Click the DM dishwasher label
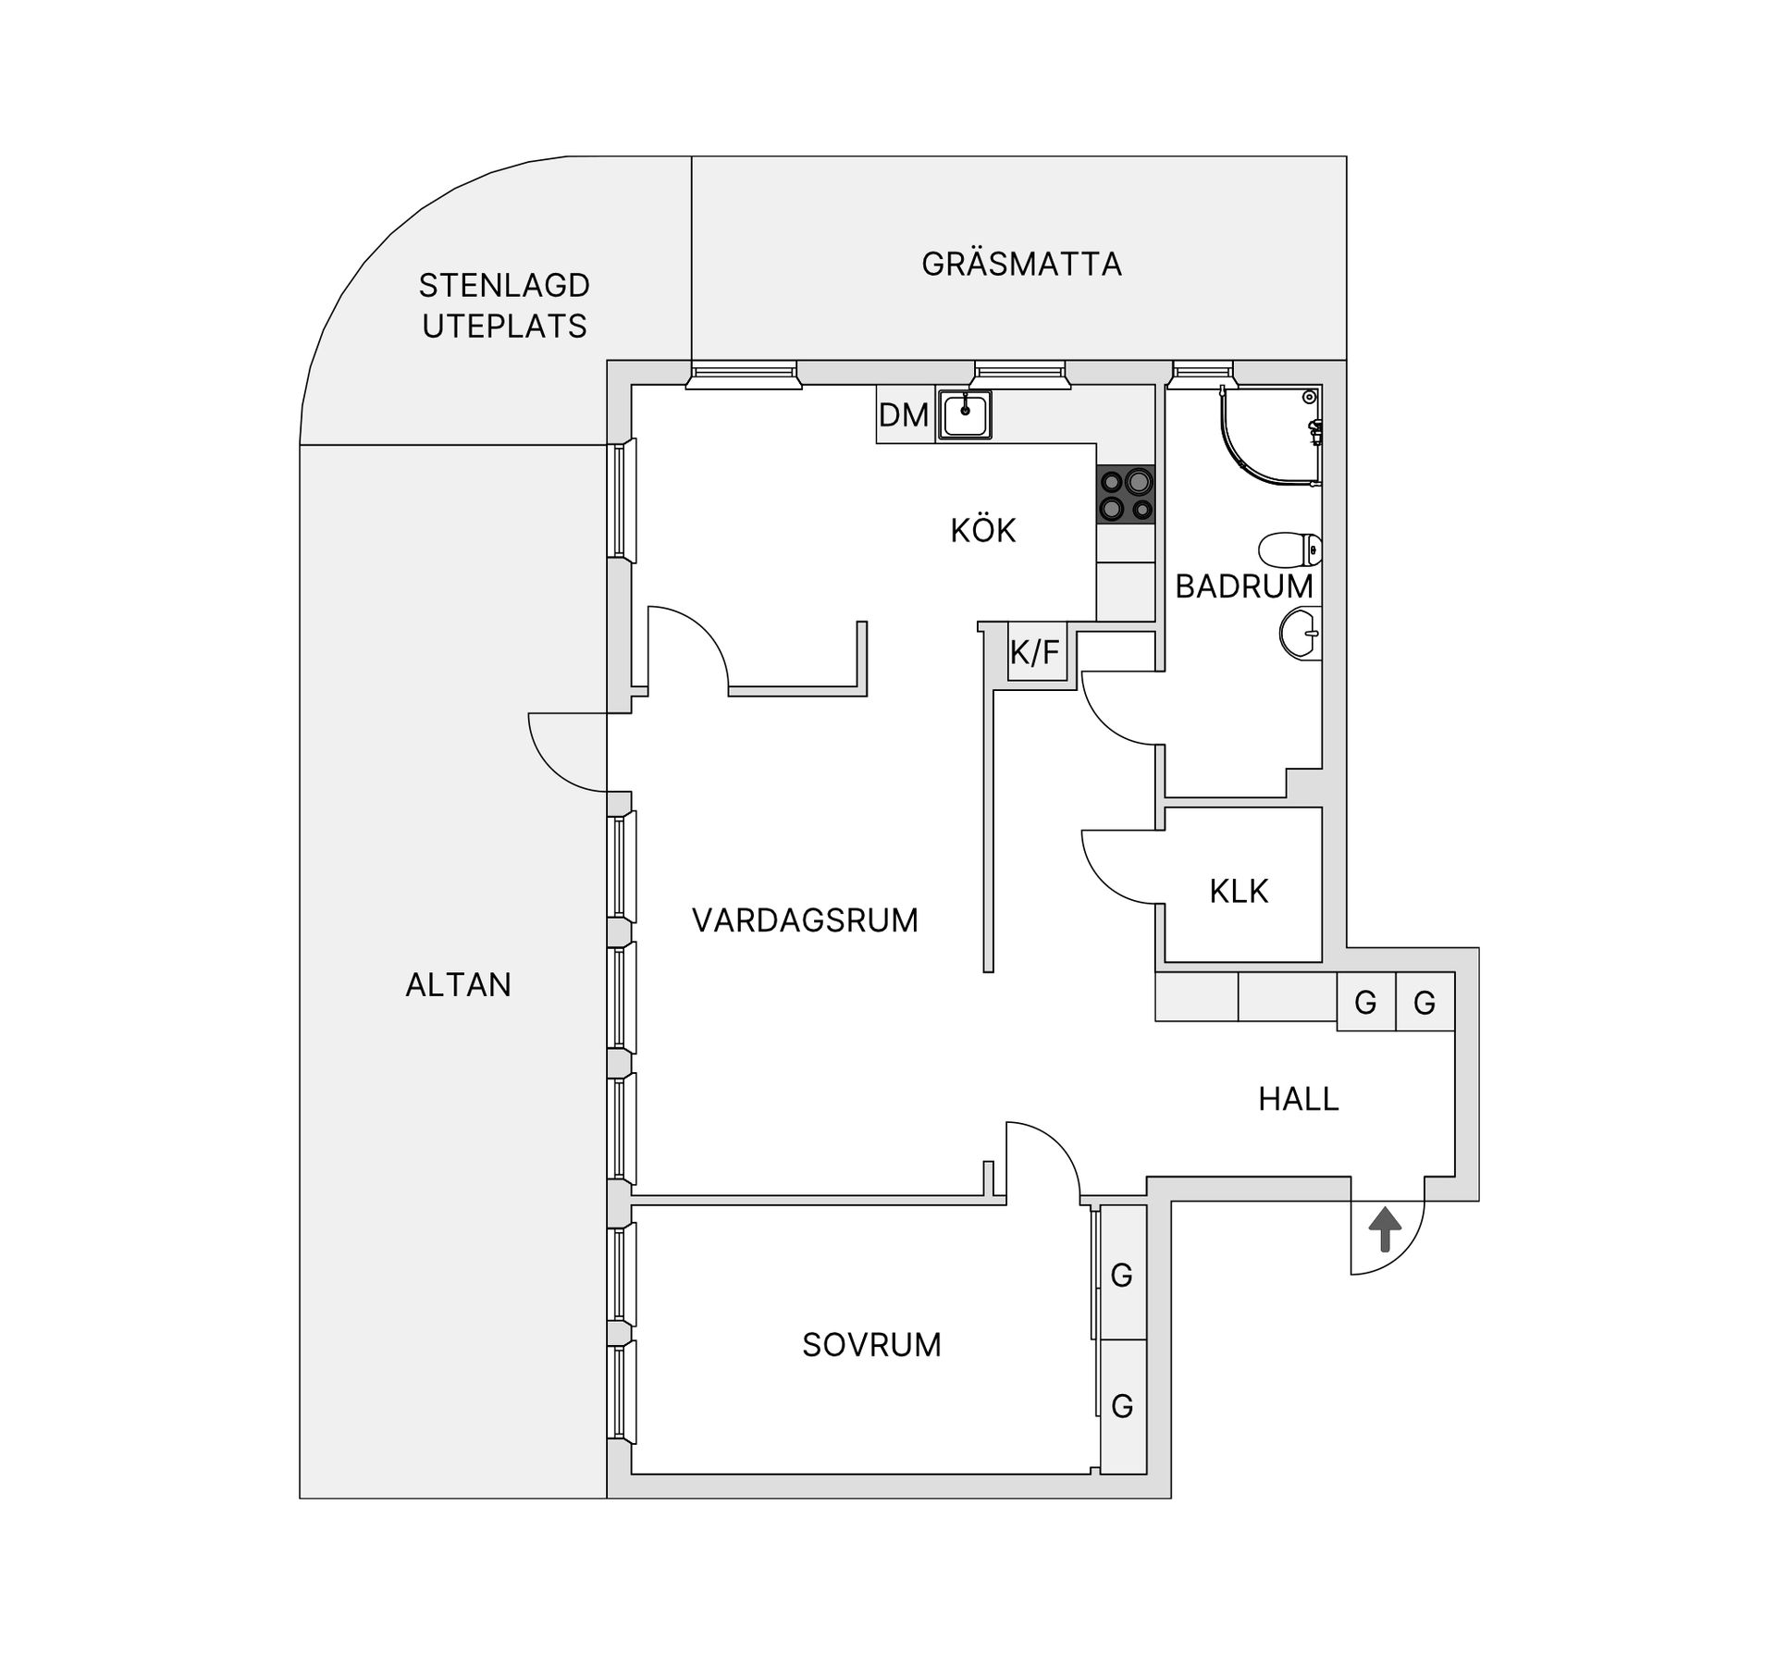tap(903, 415)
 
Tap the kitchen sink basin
tap(965, 413)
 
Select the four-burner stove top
tap(1126, 495)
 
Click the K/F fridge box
tap(1036, 653)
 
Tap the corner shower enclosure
tap(1272, 435)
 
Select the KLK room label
tap(1239, 892)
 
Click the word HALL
tap(1299, 1099)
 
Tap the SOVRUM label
tap(871, 1345)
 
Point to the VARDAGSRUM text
tap(805, 920)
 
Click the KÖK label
tap(983, 530)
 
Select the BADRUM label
tap(1244, 586)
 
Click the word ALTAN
tap(458, 985)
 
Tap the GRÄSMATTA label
tap(1021, 265)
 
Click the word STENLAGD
tap(504, 286)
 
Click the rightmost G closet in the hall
tap(1424, 1002)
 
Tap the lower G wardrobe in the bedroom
tap(1123, 1406)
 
